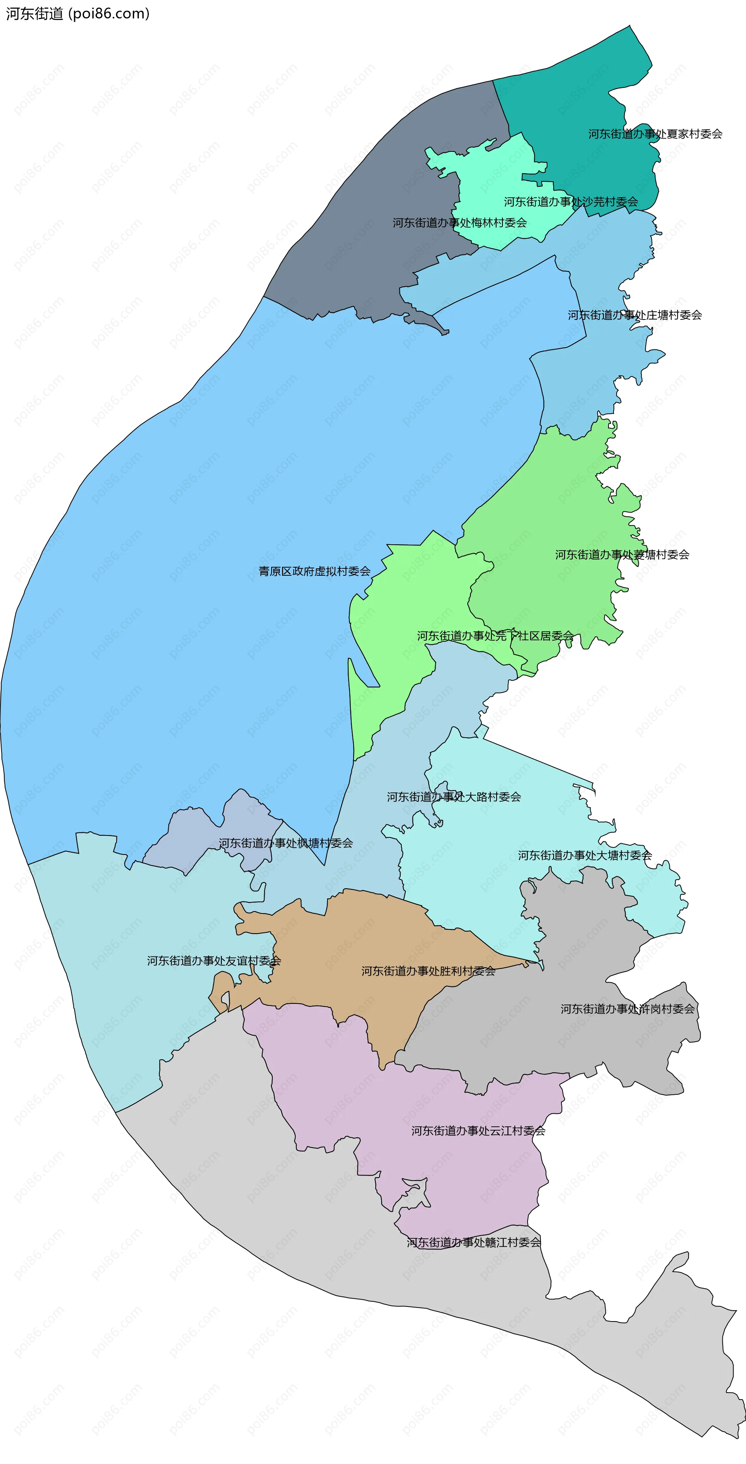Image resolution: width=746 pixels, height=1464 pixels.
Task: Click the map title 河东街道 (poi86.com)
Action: tap(78, 14)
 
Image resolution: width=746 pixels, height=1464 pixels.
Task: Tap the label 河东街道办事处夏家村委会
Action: tap(655, 134)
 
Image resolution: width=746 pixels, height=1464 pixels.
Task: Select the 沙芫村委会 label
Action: tap(571, 202)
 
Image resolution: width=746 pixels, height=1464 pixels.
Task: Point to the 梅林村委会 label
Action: tap(459, 223)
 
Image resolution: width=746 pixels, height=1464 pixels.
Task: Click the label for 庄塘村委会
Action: tap(634, 315)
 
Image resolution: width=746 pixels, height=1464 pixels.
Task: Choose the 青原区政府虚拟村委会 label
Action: tap(314, 571)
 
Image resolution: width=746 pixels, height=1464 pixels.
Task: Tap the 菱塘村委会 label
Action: tap(622, 555)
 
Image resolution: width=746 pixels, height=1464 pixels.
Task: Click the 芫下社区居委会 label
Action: tap(495, 636)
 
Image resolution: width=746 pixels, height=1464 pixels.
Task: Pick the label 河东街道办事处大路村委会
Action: tap(454, 797)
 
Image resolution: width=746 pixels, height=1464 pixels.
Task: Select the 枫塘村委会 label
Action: tap(286, 843)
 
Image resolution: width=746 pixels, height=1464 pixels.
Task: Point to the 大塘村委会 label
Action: tap(584, 855)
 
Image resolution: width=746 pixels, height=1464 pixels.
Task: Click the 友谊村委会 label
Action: tap(214, 960)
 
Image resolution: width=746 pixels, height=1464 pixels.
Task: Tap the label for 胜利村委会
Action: tap(428, 971)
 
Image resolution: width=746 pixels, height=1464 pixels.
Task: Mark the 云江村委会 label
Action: tap(478, 1131)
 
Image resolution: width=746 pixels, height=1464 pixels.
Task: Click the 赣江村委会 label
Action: tap(474, 1243)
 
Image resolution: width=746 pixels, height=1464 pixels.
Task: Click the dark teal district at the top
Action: tap(574, 91)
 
